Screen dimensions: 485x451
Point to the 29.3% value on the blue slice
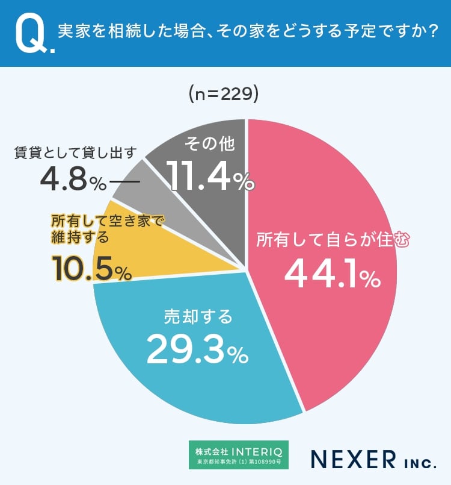(x=197, y=349)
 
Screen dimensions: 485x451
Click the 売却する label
(x=198, y=316)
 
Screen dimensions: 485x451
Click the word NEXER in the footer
(x=352, y=460)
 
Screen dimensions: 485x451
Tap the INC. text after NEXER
(x=418, y=462)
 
